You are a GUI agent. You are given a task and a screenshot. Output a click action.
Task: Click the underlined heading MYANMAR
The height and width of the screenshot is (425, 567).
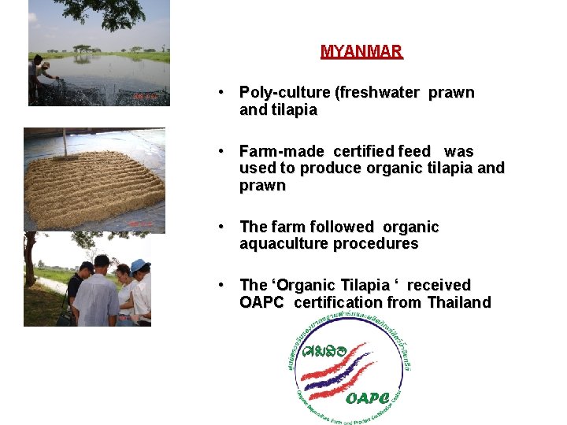[361, 52]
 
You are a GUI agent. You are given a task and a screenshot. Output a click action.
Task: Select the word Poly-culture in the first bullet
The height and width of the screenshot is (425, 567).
[284, 93]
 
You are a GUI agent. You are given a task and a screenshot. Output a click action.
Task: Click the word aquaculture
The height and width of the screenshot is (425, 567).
[287, 244]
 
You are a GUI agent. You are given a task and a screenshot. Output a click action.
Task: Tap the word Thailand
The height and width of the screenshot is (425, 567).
[459, 302]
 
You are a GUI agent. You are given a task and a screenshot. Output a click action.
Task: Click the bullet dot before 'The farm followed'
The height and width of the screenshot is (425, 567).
[224, 227]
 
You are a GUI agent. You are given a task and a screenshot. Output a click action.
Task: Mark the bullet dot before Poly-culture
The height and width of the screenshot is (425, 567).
[224, 93]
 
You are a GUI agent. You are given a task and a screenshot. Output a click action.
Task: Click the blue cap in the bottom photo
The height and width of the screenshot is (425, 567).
[140, 265]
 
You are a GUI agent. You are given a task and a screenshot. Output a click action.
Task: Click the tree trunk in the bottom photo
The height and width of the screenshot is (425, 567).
[30, 264]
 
